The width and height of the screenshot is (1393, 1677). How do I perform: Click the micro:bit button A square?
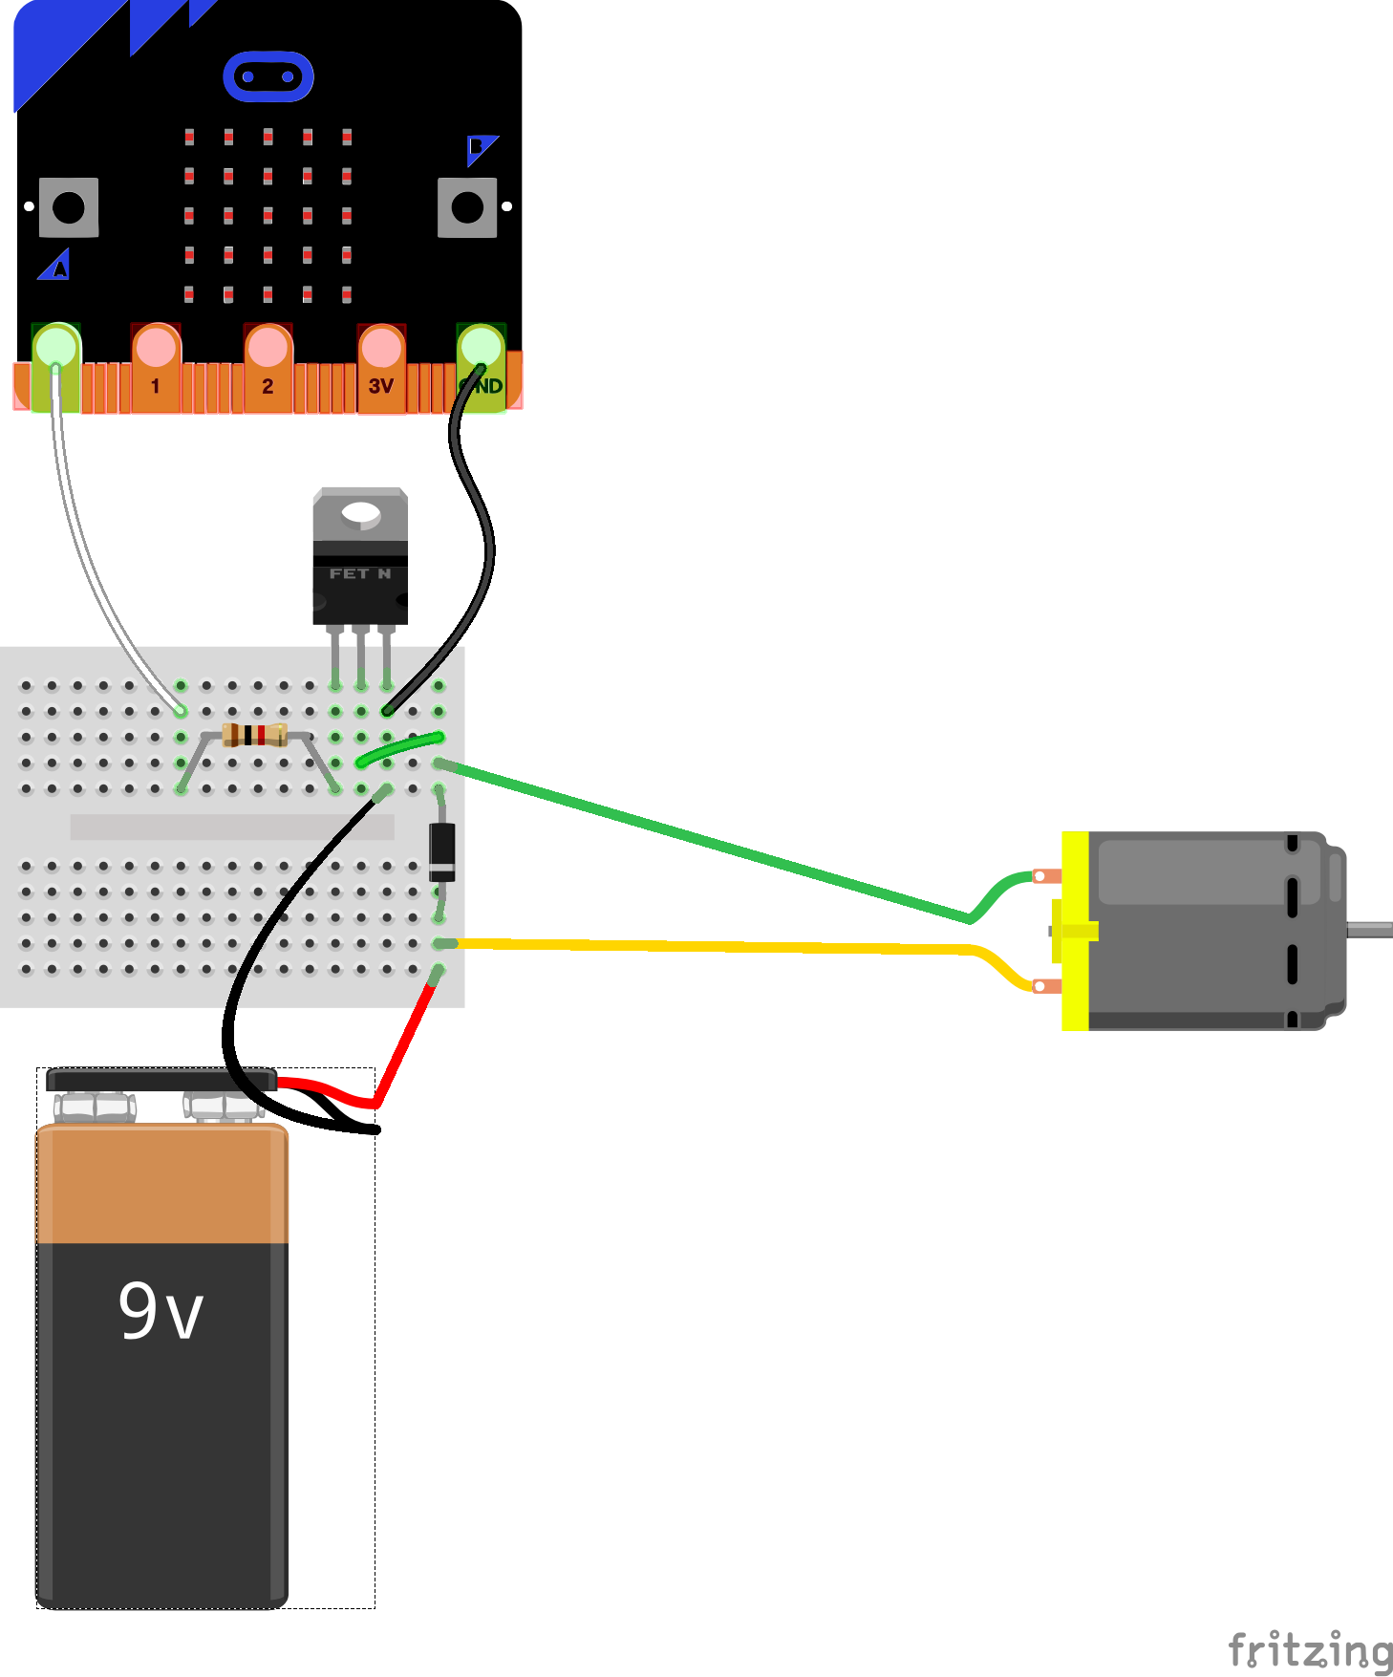point(69,207)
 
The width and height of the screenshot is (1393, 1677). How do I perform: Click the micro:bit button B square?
point(467,207)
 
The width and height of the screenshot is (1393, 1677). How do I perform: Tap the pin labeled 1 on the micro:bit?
point(155,368)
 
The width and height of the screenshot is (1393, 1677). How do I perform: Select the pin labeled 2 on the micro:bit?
point(268,368)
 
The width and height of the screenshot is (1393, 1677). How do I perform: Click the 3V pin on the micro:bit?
point(381,368)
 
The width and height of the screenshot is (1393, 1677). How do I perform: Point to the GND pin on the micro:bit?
point(482,368)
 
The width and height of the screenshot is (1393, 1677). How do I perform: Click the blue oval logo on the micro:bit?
point(268,76)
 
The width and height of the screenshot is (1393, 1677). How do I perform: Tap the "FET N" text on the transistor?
point(360,573)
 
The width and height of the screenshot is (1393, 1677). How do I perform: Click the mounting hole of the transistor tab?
point(361,514)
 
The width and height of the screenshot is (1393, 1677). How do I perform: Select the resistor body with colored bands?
point(254,735)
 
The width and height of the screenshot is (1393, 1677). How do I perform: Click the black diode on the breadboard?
point(441,850)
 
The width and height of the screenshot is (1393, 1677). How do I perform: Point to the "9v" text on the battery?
point(161,1310)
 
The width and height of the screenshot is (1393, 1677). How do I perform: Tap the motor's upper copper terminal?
point(1047,876)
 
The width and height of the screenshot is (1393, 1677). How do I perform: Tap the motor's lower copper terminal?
point(1047,985)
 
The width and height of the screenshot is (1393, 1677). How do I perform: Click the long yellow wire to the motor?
point(717,946)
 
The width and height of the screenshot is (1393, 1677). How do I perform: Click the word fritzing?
point(1310,1650)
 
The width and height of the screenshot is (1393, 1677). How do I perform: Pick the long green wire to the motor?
point(707,841)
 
